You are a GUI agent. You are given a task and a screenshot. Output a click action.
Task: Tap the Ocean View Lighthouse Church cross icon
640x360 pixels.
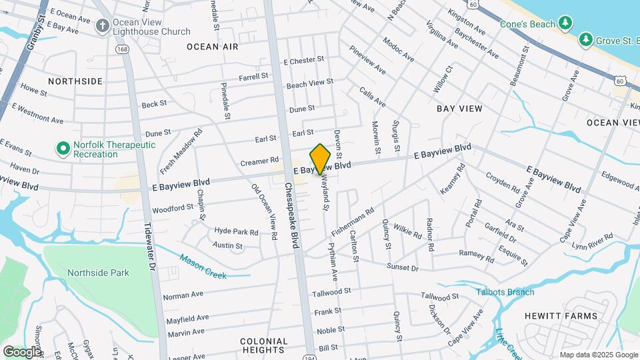click(101, 25)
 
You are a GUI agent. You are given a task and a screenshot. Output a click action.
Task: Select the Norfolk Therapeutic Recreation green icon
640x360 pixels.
click(63, 149)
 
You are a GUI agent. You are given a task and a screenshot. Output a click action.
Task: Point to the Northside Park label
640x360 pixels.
click(98, 272)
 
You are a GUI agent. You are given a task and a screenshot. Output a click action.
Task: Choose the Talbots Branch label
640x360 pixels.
click(505, 291)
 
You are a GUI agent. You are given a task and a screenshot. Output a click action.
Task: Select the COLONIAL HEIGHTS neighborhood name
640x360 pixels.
click(264, 345)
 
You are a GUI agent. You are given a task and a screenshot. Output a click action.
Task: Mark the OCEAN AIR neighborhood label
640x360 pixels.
click(212, 47)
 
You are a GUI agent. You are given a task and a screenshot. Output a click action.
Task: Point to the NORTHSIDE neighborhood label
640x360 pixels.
click(75, 81)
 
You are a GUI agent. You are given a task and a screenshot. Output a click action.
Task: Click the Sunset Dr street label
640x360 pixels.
click(405, 267)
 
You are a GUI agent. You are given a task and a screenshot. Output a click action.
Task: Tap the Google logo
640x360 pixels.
click(22, 351)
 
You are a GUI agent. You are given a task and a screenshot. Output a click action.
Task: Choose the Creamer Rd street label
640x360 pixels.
click(259, 161)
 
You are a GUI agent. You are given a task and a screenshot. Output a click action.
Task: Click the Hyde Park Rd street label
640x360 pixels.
click(236, 232)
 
